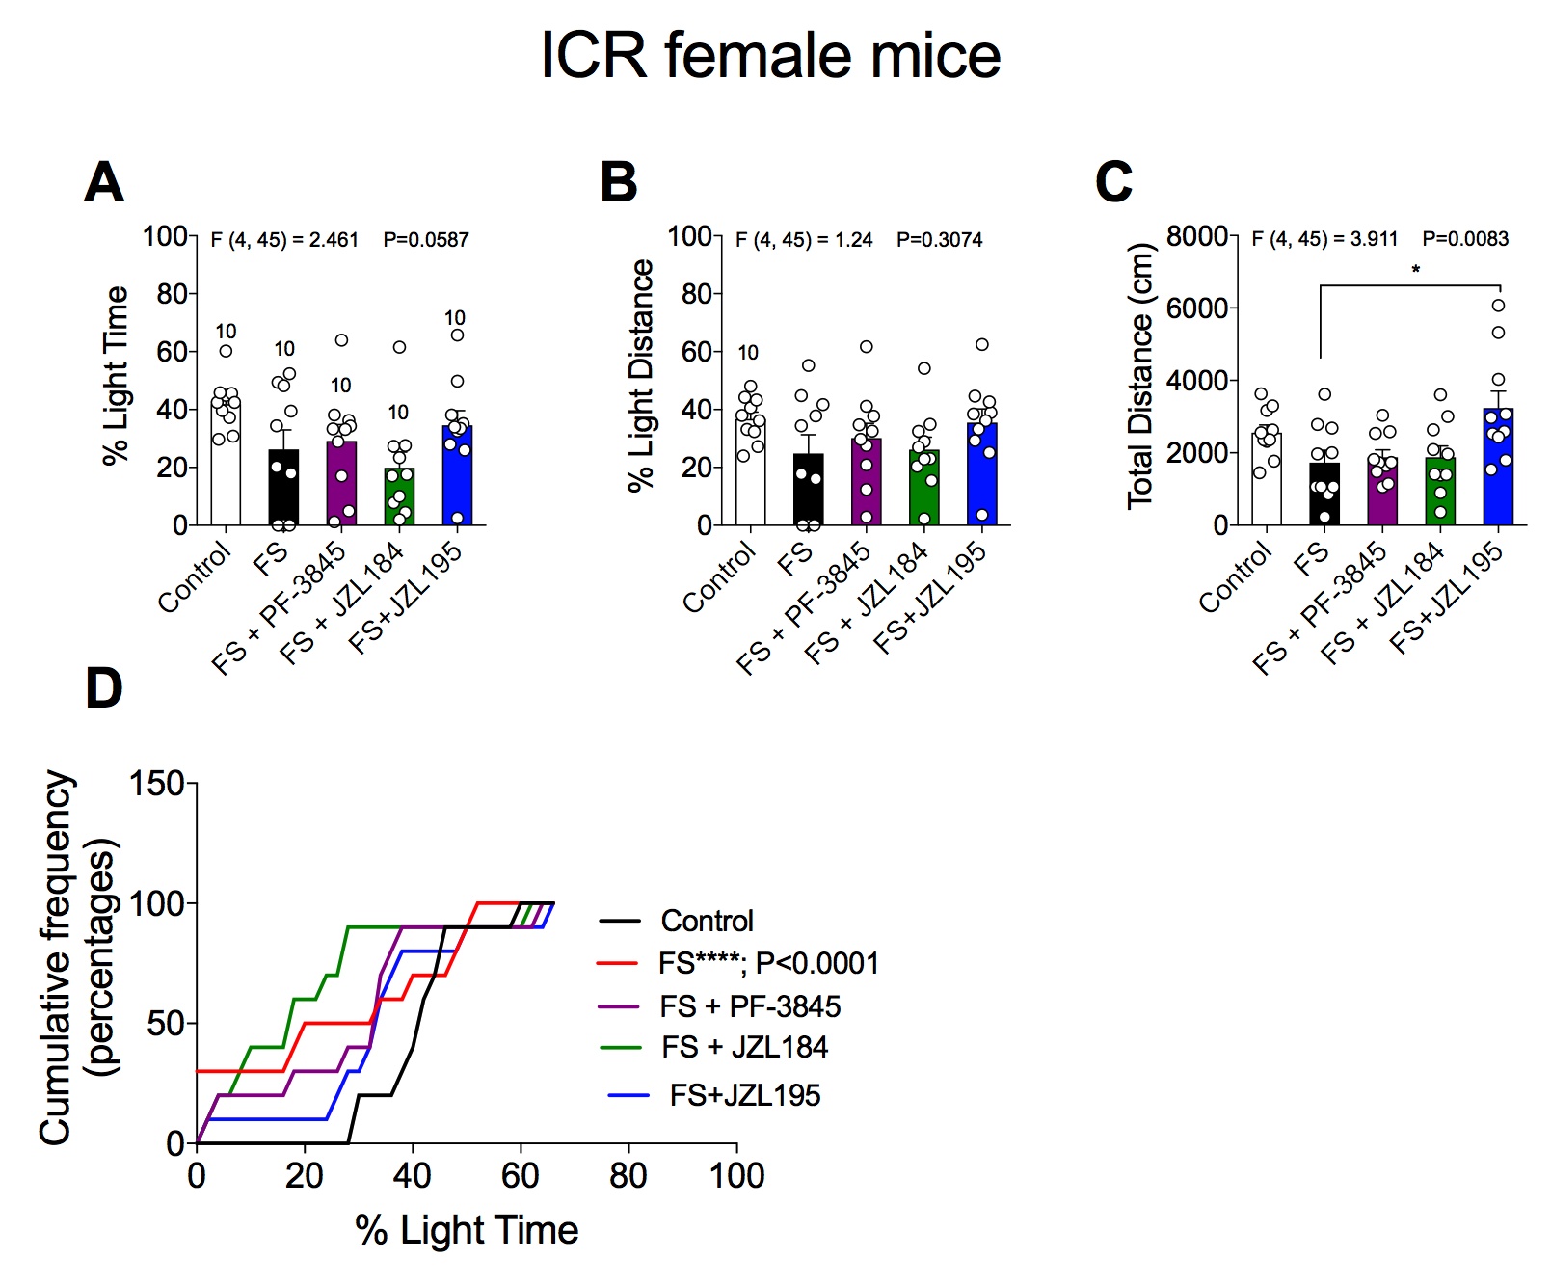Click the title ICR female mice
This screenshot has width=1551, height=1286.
pos(770,56)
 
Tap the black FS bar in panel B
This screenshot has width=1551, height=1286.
pos(809,492)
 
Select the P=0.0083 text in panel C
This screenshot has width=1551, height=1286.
pos(1465,239)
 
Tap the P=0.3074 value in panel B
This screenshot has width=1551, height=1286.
pos(939,240)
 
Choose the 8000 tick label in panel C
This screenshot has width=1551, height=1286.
pos(1196,236)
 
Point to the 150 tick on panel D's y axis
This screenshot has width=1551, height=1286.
pos(156,784)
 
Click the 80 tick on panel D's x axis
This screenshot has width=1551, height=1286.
pos(628,1176)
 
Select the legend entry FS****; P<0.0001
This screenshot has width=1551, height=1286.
pos(768,963)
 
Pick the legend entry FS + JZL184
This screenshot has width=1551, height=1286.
pos(744,1047)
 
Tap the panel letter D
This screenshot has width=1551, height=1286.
pos(104,688)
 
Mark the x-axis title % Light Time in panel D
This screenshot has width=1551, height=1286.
pos(467,1230)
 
